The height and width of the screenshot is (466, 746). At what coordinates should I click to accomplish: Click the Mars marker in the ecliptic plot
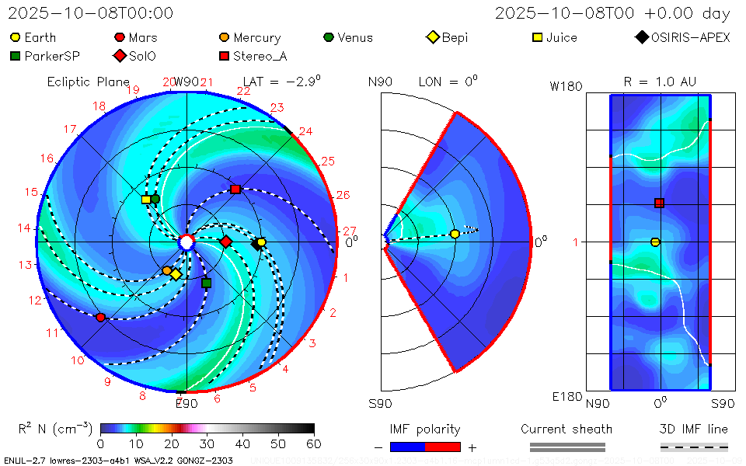click(100, 317)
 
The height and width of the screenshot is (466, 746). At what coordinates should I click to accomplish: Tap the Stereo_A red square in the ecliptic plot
click(235, 190)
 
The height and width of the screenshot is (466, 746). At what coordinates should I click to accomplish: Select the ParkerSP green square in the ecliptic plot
click(206, 283)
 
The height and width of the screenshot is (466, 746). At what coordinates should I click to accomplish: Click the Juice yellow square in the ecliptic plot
click(146, 200)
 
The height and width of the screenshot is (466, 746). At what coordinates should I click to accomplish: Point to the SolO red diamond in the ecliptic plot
click(226, 242)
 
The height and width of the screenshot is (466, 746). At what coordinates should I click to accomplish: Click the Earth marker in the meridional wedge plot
click(455, 234)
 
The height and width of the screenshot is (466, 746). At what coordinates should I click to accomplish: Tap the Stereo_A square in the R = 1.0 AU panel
click(659, 203)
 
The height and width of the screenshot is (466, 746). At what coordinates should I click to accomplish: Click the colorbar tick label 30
click(207, 444)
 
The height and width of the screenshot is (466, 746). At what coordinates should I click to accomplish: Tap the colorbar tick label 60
click(313, 444)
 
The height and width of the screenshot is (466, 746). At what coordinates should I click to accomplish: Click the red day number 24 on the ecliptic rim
click(305, 132)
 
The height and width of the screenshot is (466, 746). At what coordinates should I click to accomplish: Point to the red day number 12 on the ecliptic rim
click(34, 301)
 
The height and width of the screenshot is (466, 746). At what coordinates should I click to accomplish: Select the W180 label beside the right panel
click(566, 87)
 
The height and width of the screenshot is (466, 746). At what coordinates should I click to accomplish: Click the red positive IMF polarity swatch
click(444, 447)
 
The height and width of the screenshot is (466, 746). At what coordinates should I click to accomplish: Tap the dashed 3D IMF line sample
click(694, 447)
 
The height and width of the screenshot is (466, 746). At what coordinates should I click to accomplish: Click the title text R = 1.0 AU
click(660, 82)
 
